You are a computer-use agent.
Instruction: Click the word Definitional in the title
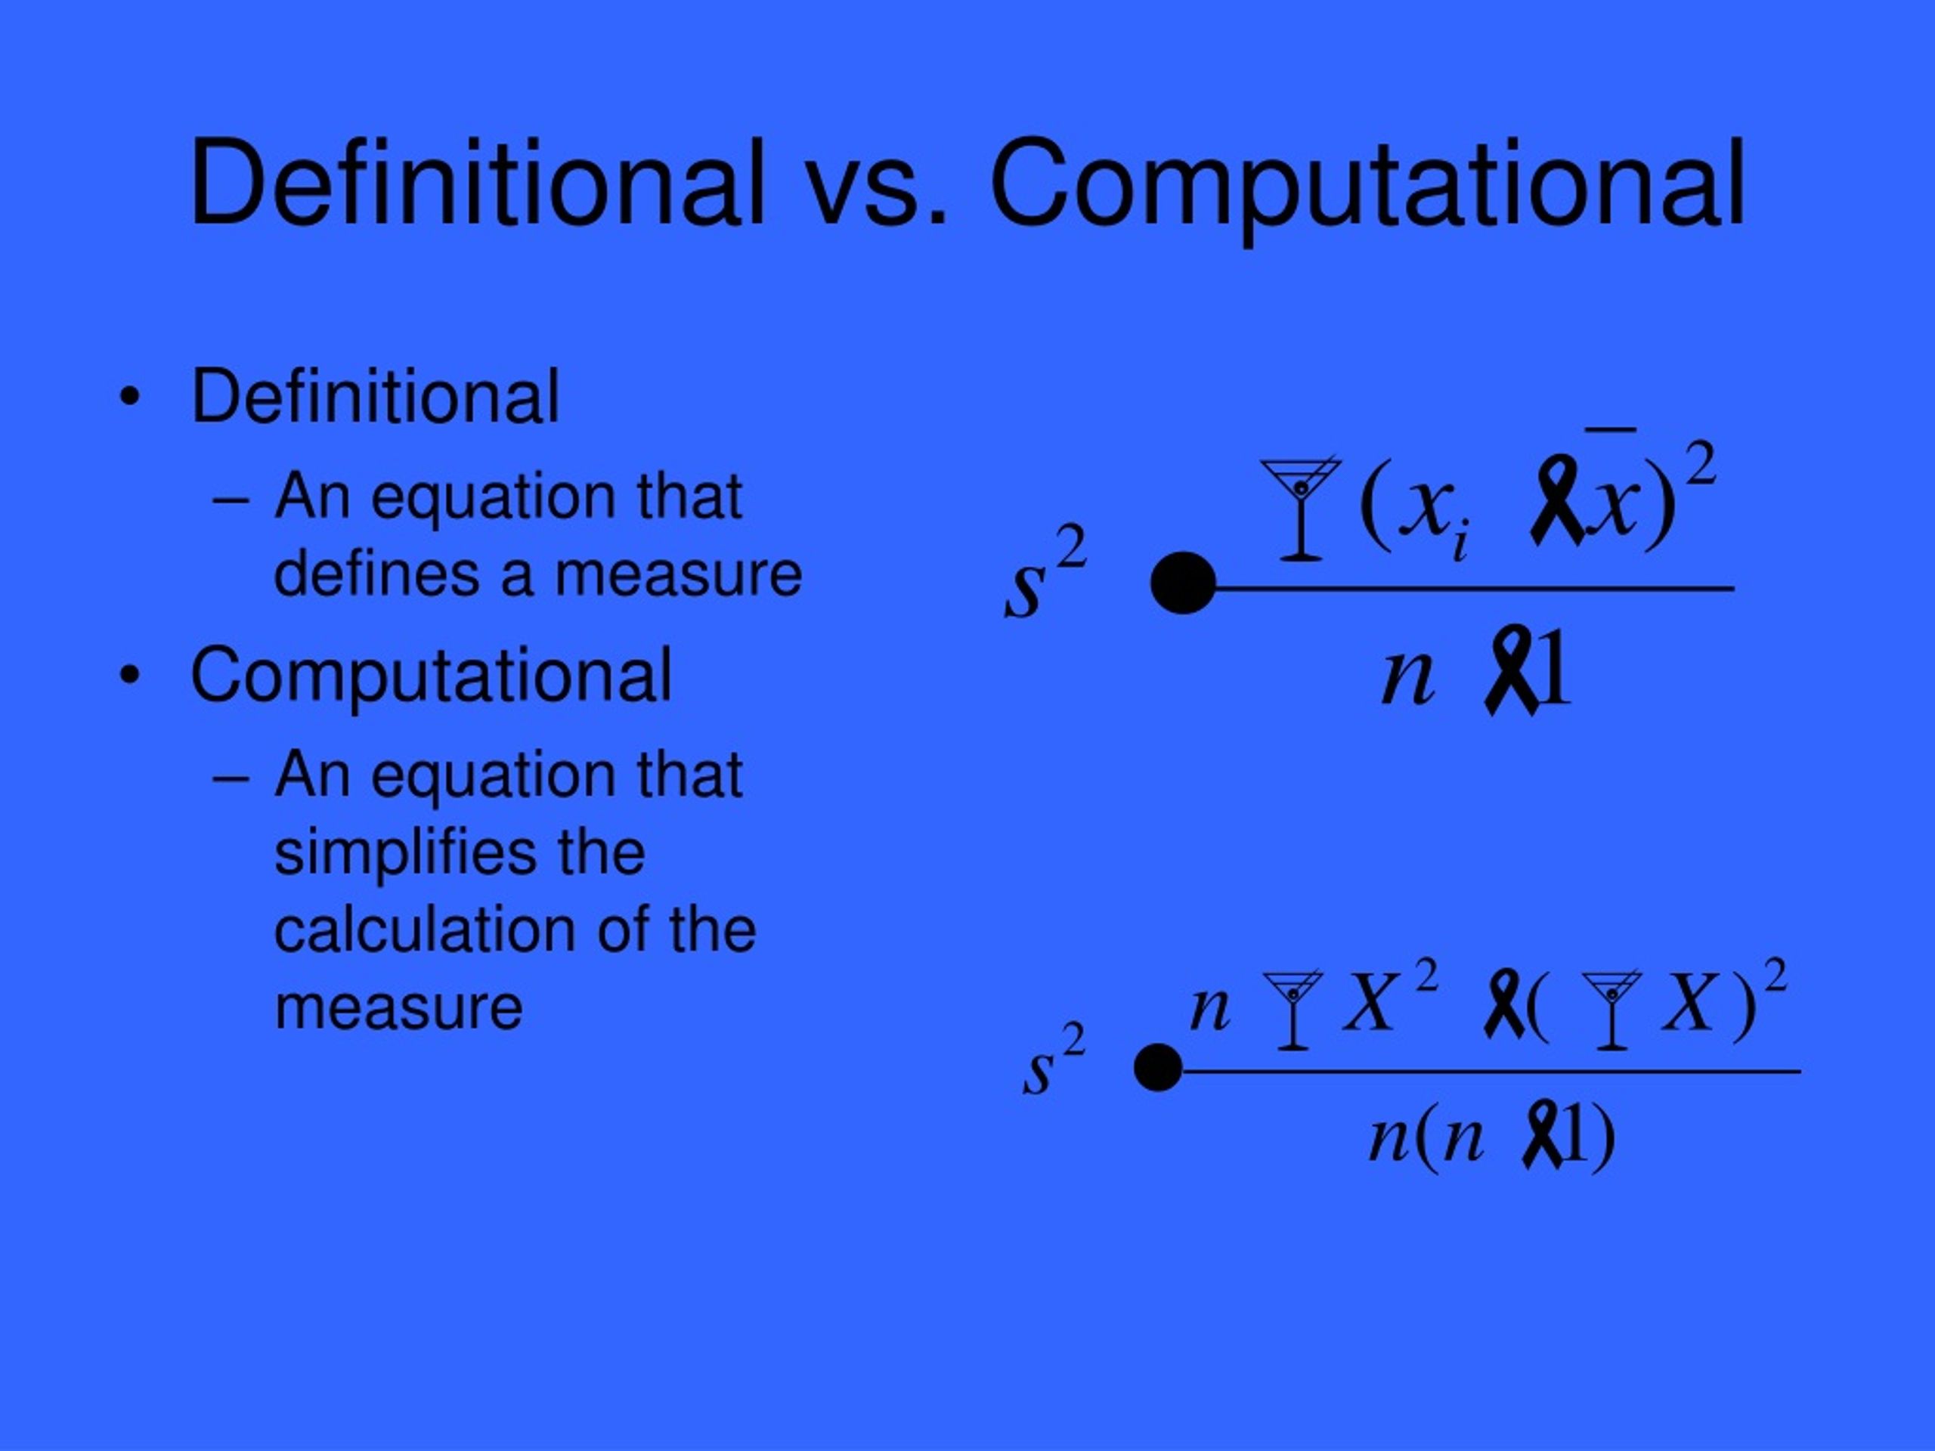point(477,184)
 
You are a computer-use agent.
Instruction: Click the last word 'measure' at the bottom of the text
point(398,1007)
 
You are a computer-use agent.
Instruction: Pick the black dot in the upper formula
point(1183,583)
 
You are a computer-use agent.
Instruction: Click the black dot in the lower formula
point(1158,1068)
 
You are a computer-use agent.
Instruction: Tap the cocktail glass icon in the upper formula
point(1301,507)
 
